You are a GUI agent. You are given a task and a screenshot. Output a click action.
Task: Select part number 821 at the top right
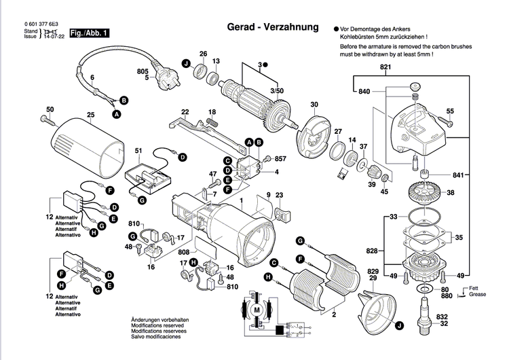tap(385, 67)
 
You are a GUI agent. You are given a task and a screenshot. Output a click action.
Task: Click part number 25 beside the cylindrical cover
tap(90, 114)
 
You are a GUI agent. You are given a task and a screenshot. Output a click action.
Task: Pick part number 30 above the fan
tap(314, 104)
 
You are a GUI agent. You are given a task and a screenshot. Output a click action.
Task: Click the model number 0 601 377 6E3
tap(41, 23)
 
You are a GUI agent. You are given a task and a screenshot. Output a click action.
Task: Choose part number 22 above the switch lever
tap(185, 111)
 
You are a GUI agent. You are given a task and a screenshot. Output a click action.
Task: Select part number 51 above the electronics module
tap(138, 151)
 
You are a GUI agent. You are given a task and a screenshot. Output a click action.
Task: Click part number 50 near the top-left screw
tap(50, 109)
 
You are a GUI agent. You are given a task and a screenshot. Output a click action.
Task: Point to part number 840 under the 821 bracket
tap(364, 91)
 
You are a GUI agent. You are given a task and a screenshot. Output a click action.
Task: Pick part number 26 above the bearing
tap(202, 54)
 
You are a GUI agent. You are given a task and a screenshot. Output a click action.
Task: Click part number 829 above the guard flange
tap(373, 271)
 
